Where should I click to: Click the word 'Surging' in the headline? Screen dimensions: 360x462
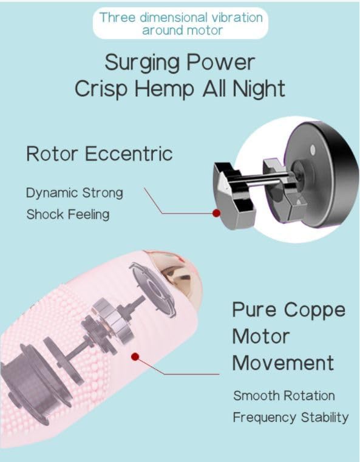[x=142, y=63]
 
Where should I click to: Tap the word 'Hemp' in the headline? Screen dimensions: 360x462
[x=165, y=89]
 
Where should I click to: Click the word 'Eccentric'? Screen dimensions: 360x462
[x=129, y=154]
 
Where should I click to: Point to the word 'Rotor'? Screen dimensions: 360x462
[x=52, y=154]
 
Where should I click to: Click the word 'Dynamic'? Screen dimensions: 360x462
[x=52, y=193]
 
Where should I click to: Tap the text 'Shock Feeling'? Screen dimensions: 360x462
[x=68, y=214]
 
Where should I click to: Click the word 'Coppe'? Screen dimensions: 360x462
[x=314, y=311]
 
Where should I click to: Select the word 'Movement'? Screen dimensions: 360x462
[x=284, y=362]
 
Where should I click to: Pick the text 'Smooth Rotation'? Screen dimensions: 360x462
[x=284, y=396]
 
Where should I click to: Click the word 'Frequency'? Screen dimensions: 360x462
[x=265, y=418]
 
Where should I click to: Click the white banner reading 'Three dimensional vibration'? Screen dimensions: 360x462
[x=180, y=24]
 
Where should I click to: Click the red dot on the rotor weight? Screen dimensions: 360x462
[x=217, y=213]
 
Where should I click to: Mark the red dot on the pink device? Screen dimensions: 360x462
[x=135, y=357]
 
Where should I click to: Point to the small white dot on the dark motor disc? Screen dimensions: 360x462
[x=313, y=150]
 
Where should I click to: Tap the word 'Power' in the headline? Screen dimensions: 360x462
[x=220, y=63]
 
